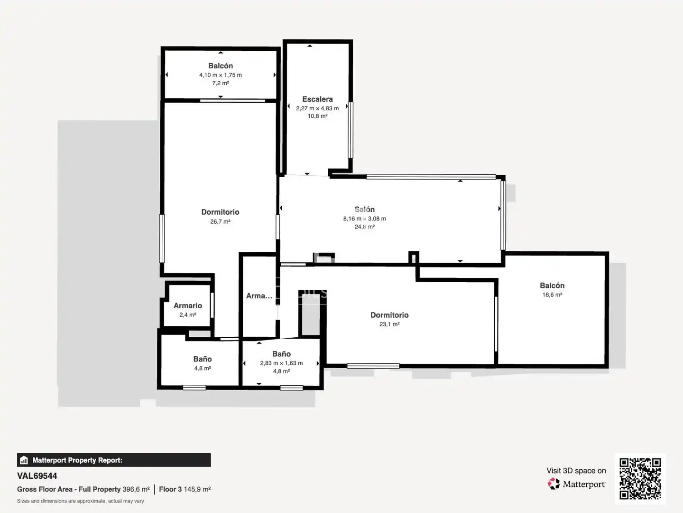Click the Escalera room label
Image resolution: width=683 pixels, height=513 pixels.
pyautogui.click(x=317, y=99)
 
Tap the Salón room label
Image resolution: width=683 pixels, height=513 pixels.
pyautogui.click(x=364, y=209)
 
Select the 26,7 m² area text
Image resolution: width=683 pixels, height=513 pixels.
pyautogui.click(x=220, y=221)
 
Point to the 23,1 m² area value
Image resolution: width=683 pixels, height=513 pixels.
pyautogui.click(x=389, y=324)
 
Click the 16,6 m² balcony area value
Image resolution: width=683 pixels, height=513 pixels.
pyautogui.click(x=552, y=294)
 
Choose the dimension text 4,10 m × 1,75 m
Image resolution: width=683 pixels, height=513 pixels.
pyautogui.click(x=220, y=75)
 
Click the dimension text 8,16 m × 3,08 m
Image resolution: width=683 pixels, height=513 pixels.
pyautogui.click(x=364, y=218)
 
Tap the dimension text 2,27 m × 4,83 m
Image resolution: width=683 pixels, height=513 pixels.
pyautogui.click(x=317, y=108)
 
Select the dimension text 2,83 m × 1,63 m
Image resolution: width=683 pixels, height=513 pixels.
pyautogui.click(x=281, y=363)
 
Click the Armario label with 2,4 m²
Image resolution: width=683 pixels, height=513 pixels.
pyautogui.click(x=188, y=305)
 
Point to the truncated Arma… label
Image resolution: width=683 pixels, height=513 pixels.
pyautogui.click(x=259, y=295)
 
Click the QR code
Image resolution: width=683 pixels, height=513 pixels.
pyautogui.click(x=640, y=478)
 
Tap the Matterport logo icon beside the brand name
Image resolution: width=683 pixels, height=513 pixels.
pyautogui.click(x=554, y=484)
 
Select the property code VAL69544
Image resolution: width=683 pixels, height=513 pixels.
pyautogui.click(x=37, y=476)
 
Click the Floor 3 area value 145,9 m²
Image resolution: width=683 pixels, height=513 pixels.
pyautogui.click(x=197, y=489)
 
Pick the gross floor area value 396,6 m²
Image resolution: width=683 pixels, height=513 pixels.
pyautogui.click(x=136, y=489)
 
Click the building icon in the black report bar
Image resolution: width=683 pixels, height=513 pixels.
pyautogui.click(x=24, y=460)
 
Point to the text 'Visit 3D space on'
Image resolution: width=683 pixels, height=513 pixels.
pyautogui.click(x=576, y=471)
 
